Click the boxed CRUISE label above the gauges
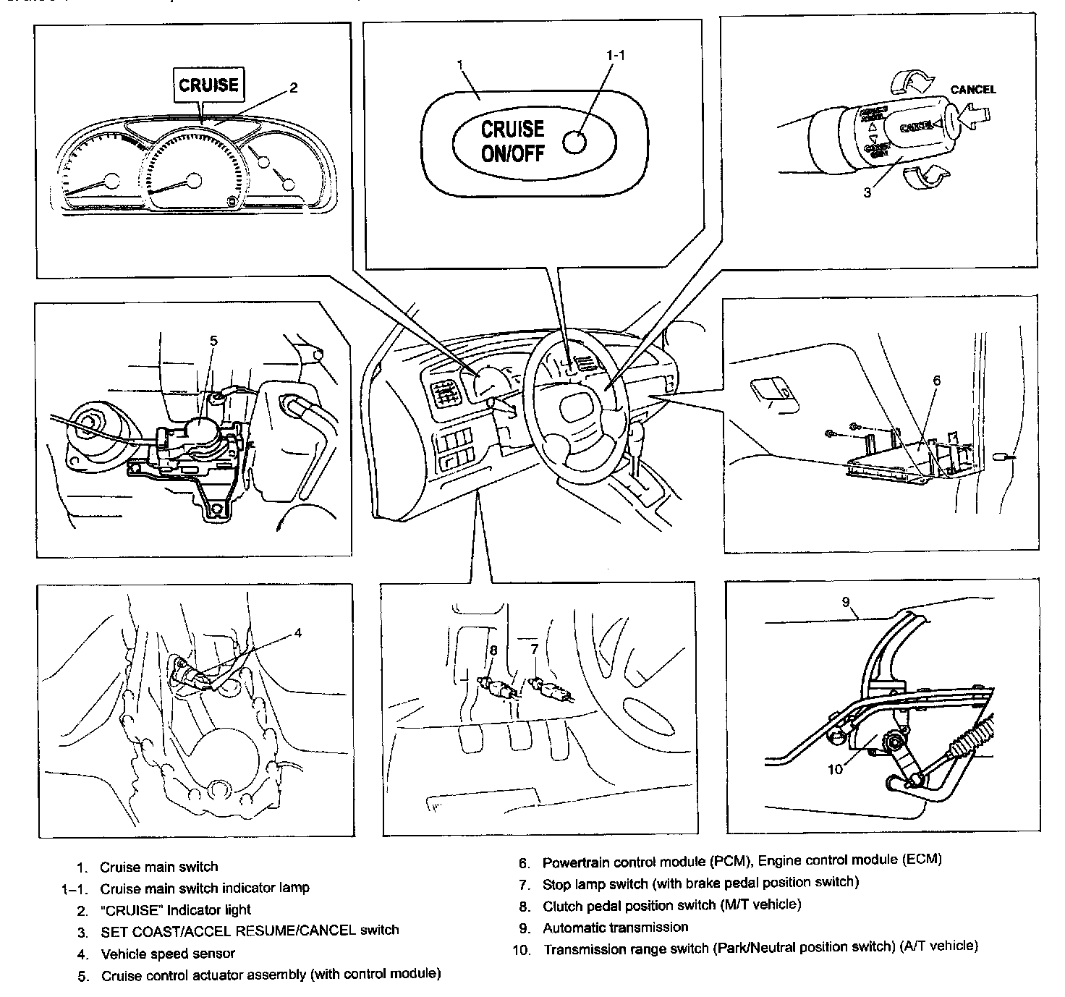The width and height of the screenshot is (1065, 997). [x=208, y=85]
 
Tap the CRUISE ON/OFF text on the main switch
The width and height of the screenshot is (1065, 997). [x=512, y=140]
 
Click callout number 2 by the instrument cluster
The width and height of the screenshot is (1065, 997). [x=293, y=88]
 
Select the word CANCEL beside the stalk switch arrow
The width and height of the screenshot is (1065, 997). [x=972, y=90]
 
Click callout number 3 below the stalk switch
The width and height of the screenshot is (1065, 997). [x=867, y=192]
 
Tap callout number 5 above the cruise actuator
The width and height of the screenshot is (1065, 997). [x=213, y=340]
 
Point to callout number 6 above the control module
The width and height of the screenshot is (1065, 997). [x=936, y=380]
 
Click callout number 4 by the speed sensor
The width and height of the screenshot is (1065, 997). [x=297, y=633]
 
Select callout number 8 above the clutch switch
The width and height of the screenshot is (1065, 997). [x=493, y=650]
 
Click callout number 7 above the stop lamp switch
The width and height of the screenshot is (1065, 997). [x=535, y=650]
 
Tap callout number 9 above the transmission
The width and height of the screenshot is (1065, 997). [x=845, y=601]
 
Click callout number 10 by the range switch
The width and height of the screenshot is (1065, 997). [x=836, y=769]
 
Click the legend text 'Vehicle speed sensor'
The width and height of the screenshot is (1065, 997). [x=168, y=953]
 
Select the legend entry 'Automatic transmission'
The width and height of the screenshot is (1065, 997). [x=615, y=927]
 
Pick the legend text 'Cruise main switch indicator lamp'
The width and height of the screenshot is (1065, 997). [x=205, y=888]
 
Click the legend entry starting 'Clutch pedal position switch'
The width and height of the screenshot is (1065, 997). [x=671, y=905]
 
